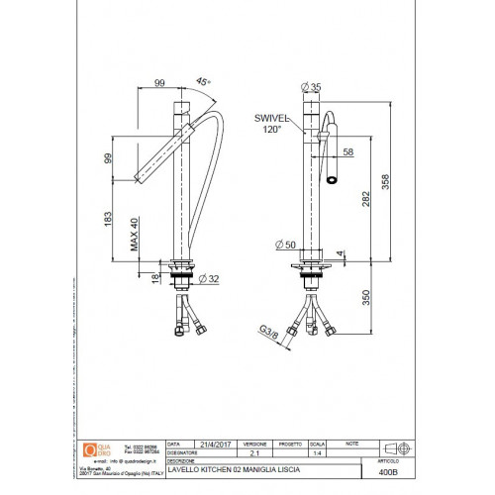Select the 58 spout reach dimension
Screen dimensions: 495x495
[347, 151]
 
